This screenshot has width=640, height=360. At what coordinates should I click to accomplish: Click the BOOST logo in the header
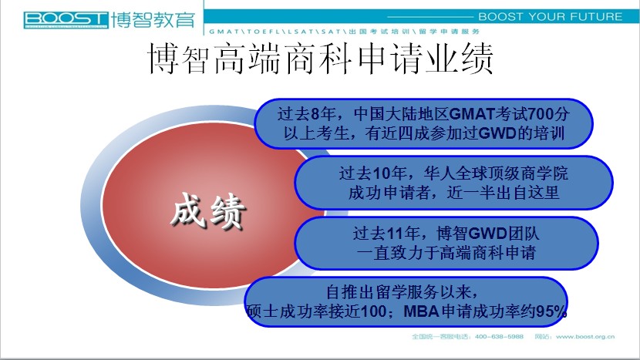pos(66,20)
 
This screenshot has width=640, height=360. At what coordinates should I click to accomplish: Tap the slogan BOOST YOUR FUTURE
pos(551,17)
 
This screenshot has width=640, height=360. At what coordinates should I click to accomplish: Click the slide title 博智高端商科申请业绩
pos(321,59)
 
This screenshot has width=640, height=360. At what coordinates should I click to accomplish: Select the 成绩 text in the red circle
pos(208,211)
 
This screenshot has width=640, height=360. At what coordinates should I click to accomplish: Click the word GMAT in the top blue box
pos(472,114)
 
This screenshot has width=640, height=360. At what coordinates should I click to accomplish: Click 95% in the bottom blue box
pos(551,311)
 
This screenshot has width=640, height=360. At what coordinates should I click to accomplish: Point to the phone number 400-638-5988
pos(499,337)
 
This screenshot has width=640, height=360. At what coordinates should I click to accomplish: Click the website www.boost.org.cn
pos(585,337)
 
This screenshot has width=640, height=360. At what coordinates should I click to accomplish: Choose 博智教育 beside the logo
pos(153,20)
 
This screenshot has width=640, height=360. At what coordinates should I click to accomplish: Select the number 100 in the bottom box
pos(374,311)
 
